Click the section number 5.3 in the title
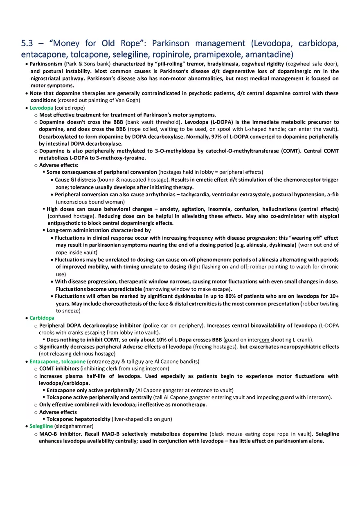tap(28, 43)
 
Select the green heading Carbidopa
tap(42, 318)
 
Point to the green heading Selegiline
tap(41, 426)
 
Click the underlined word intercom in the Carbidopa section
tap(259, 339)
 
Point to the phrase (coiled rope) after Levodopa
tap(70, 108)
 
